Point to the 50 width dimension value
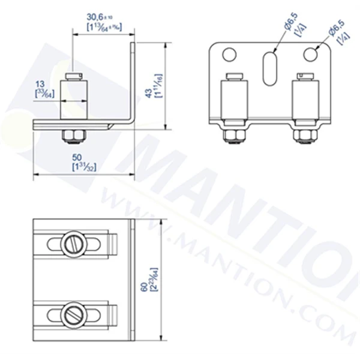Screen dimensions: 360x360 click(81, 157)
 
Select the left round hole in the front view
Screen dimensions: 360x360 click(228, 55)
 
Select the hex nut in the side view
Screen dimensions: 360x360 click(73, 136)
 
